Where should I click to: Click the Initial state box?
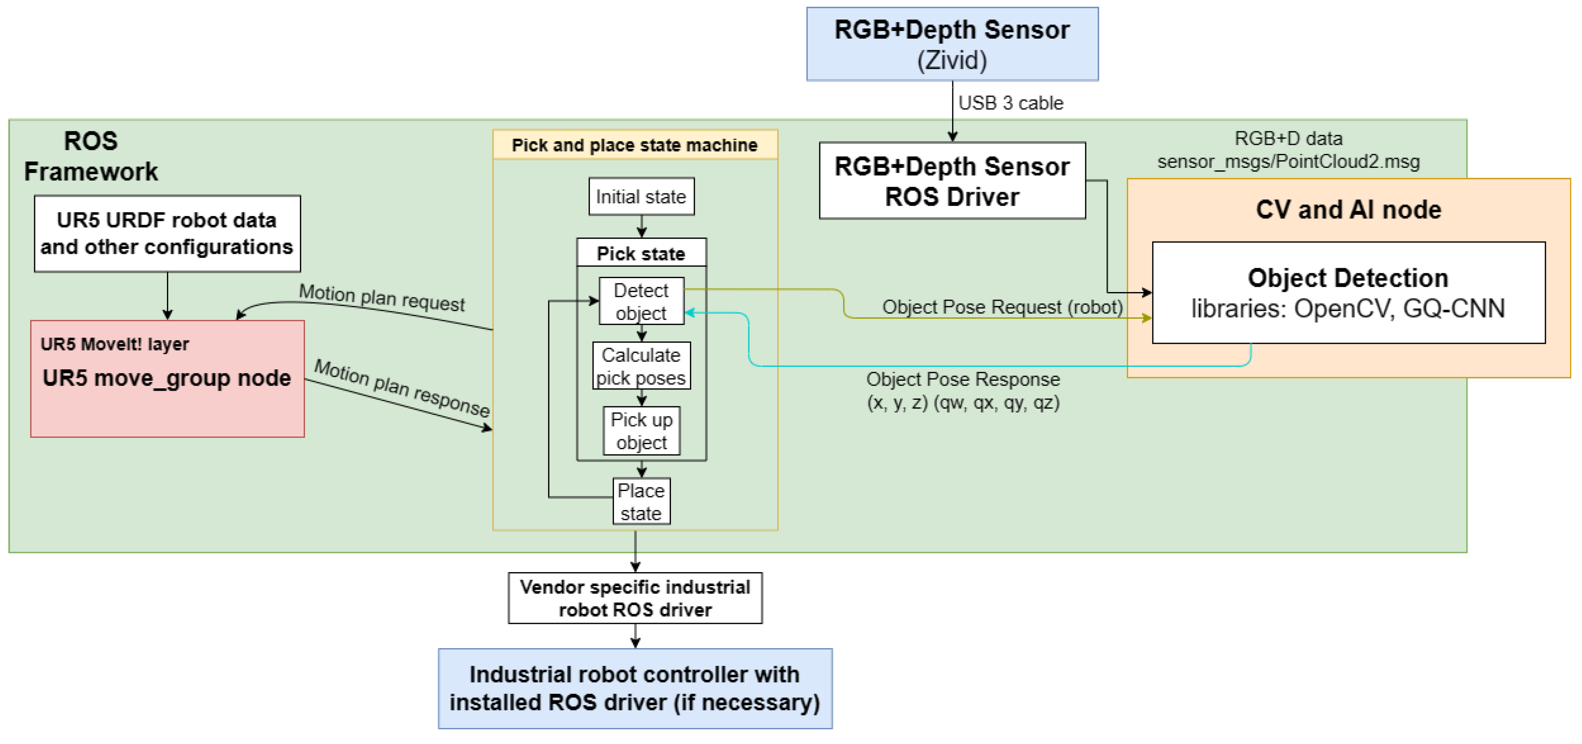641,197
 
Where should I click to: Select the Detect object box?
641,301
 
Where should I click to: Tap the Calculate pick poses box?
641,366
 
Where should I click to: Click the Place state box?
641,501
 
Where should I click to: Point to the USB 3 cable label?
1010,103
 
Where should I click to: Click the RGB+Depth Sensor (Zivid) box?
952,44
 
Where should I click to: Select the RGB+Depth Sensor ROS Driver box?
952,181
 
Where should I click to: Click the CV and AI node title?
1348,210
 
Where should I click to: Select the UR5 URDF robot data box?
167,234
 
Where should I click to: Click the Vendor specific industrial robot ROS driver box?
635,598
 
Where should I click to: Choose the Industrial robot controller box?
635,688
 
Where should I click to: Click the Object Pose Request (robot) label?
1002,307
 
